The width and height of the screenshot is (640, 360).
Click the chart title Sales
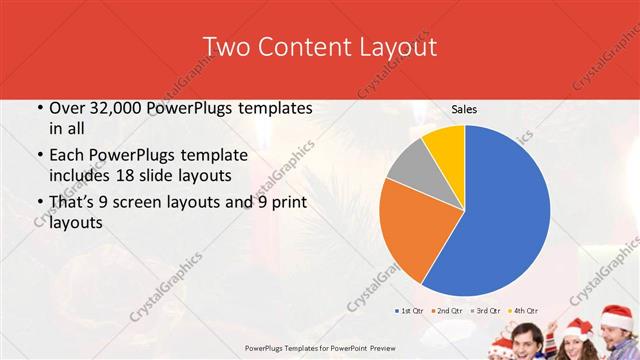(x=464, y=109)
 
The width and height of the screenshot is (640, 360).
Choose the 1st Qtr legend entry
(x=409, y=311)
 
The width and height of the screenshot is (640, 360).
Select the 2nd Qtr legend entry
(x=446, y=311)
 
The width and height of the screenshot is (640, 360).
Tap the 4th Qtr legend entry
(x=524, y=311)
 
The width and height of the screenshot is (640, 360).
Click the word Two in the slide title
(x=225, y=47)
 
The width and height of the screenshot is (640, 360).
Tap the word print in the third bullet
(x=284, y=203)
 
